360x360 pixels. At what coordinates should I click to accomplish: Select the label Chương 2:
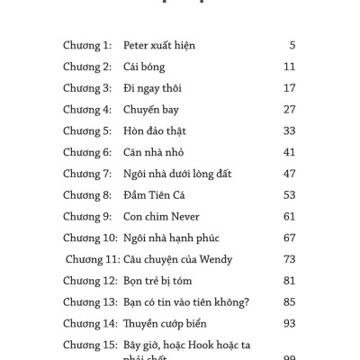(x=86, y=67)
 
